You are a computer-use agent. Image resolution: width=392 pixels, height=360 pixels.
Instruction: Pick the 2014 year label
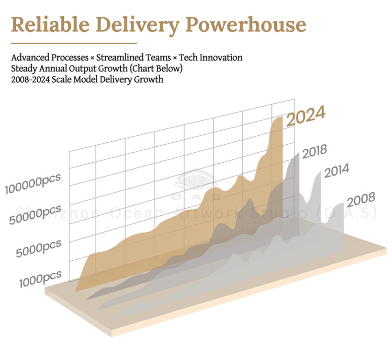pos(336,172)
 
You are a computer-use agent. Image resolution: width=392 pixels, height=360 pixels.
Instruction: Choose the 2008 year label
pos(361,200)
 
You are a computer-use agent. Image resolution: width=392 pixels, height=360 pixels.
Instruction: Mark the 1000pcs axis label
pos(41,278)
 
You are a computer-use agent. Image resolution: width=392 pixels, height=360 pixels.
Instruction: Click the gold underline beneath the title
pos(73,44)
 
